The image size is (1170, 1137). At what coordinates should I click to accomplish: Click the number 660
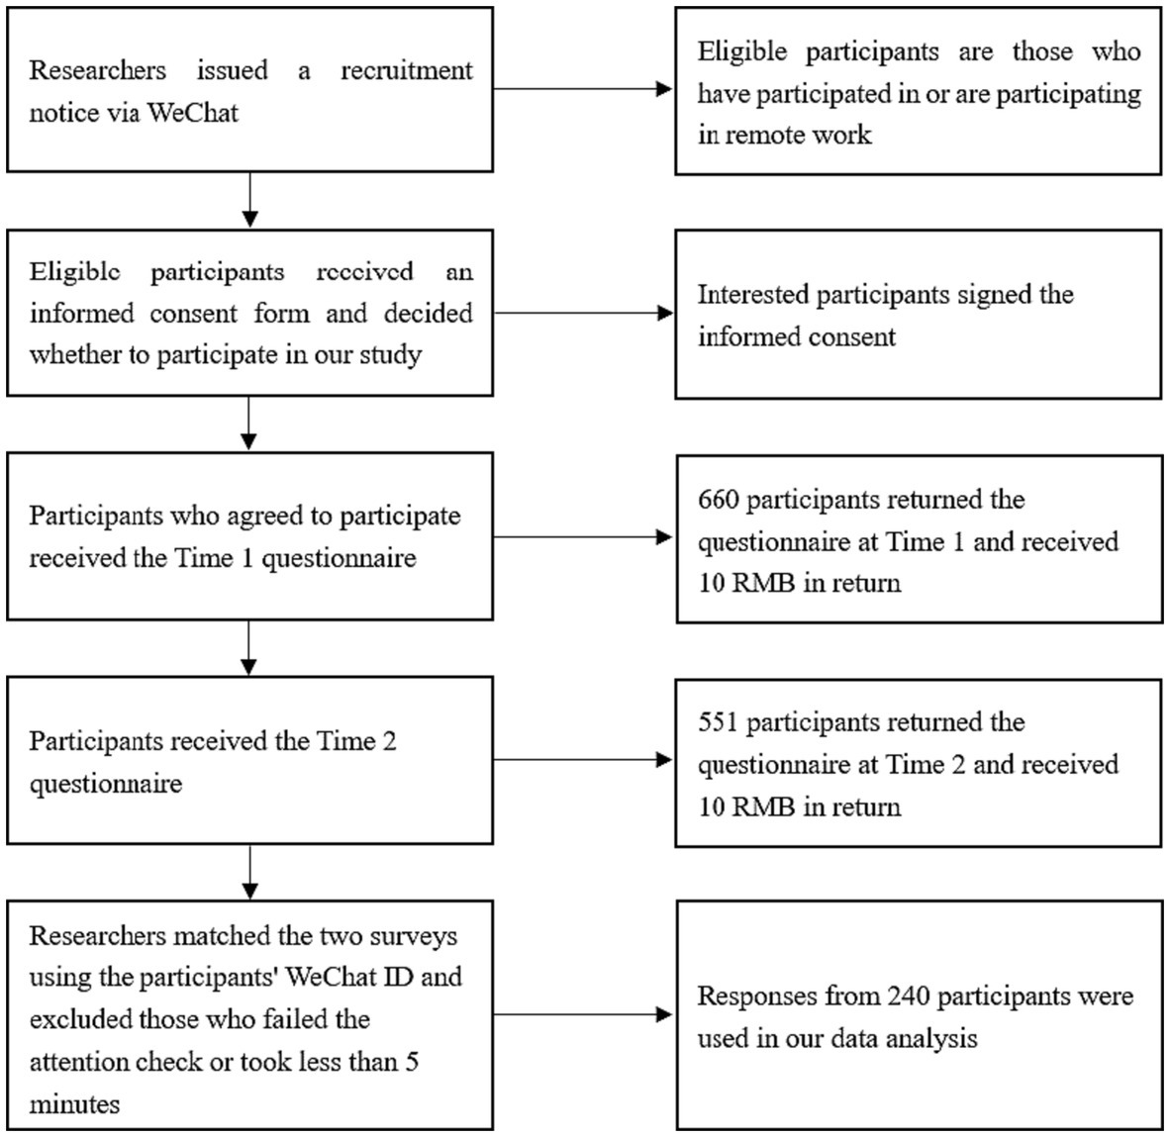pos(718,500)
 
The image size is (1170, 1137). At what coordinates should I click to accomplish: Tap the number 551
pos(718,722)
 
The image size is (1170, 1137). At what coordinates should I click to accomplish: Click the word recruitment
pos(407,70)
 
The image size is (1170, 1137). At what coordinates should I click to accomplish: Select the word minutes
pos(74,1103)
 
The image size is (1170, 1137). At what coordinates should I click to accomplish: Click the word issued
pos(232,70)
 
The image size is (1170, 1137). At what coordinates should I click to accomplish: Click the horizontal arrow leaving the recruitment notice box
pos(583,89)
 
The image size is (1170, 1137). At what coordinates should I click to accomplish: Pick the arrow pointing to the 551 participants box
pos(583,760)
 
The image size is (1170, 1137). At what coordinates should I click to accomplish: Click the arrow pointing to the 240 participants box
pos(583,1014)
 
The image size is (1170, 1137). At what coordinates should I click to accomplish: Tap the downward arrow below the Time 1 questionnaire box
pos(249,648)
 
